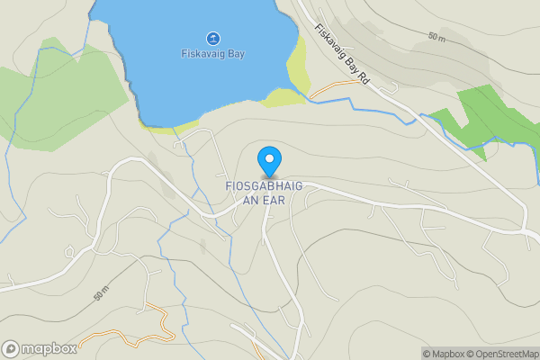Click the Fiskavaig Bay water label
click(x=212, y=54)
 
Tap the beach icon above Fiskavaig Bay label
click(x=212, y=38)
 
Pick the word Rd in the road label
click(x=364, y=79)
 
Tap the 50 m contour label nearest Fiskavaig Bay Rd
click(x=437, y=37)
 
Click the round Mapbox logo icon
click(x=12, y=349)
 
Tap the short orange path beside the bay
click(x=330, y=88)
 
